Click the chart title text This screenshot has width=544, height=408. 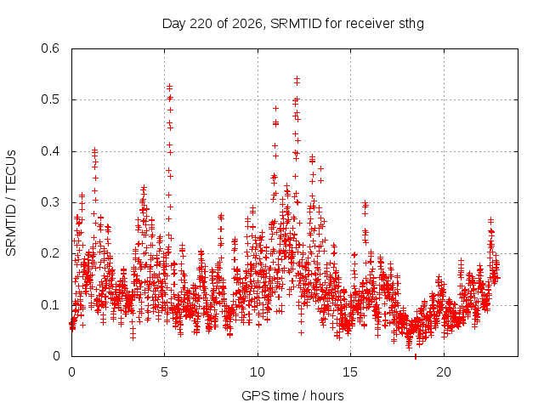293,24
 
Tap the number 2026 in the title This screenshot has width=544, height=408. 247,24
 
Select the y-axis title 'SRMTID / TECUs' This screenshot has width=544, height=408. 11,203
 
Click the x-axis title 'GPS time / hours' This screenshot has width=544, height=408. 292,395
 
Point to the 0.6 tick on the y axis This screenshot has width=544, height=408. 50,48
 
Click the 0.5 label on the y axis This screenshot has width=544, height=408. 50,99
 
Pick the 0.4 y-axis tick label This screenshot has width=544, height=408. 50,151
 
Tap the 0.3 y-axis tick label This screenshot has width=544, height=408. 50,202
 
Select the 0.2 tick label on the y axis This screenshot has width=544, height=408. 50,253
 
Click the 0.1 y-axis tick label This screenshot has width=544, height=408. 50,305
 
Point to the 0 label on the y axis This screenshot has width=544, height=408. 56,356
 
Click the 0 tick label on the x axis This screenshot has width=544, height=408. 71,372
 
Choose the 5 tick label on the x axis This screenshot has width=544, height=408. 164,372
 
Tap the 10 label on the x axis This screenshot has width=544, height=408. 258,372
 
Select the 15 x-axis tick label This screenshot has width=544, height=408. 350,372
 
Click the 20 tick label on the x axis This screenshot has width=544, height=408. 444,372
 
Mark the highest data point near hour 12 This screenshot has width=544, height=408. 297,79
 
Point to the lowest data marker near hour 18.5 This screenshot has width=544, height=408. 416,356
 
